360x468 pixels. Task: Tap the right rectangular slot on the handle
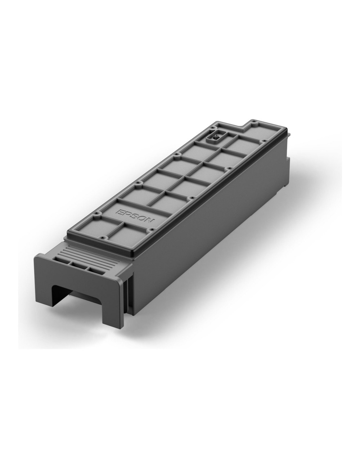(x=94, y=270)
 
